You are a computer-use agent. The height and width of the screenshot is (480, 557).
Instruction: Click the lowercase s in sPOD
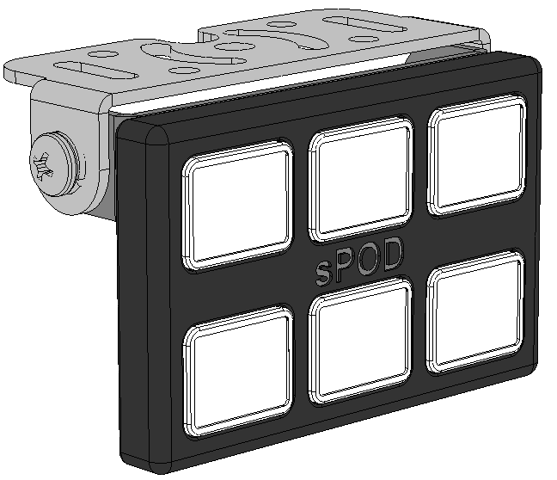[x=321, y=274]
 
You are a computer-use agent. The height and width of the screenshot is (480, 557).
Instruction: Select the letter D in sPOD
[x=391, y=256]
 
